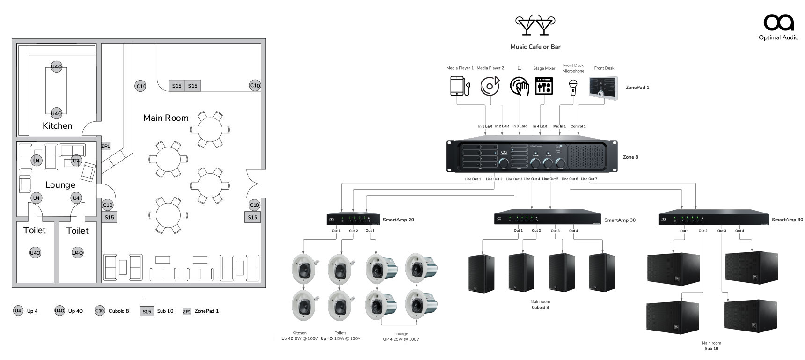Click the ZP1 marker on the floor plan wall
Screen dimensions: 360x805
[106, 146]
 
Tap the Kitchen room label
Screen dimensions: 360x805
[58, 126]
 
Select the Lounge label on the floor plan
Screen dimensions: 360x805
[60, 185]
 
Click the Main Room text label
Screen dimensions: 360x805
[166, 118]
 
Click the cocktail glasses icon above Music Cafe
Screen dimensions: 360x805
[535, 25]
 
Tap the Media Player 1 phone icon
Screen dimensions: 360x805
[460, 86]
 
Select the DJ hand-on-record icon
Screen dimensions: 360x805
[520, 86]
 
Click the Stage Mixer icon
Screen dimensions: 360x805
[544, 86]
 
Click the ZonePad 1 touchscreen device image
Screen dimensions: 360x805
[603, 88]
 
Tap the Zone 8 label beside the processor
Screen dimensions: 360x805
[630, 157]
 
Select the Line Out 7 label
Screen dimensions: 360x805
[589, 179]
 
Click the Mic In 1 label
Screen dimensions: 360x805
[560, 126]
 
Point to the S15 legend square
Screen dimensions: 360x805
[147, 312]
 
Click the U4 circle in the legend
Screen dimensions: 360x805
[18, 311]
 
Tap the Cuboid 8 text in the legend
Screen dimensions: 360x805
[118, 311]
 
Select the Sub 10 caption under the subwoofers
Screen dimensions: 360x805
[711, 349]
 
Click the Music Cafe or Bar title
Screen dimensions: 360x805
[535, 47]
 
